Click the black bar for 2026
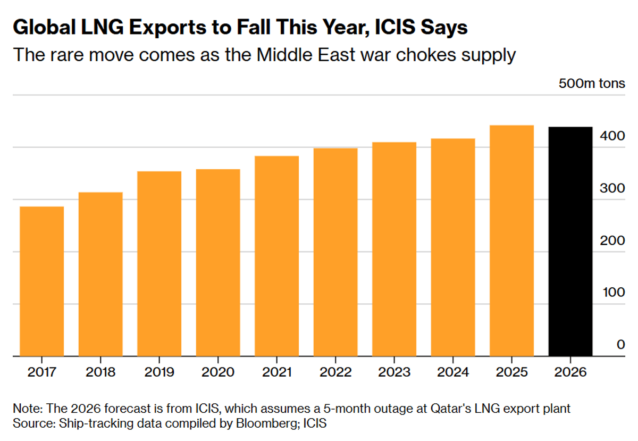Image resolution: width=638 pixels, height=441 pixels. (570, 242)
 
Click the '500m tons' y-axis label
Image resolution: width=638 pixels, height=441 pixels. (591, 84)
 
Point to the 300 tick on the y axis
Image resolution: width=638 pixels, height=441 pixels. (614, 188)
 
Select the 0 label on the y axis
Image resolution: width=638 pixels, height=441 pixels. (620, 345)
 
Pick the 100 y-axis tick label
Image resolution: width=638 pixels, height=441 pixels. (614, 293)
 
